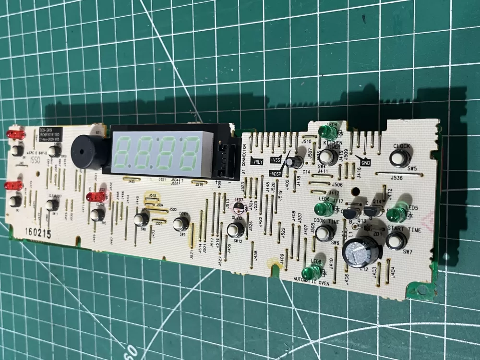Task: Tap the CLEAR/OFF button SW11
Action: (x=51, y=205)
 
